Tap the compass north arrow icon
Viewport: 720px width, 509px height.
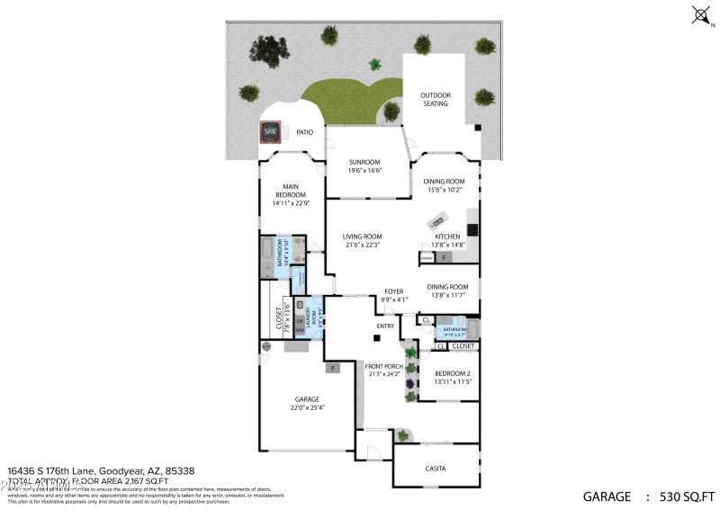[x=700, y=14]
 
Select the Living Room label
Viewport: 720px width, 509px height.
[x=362, y=237]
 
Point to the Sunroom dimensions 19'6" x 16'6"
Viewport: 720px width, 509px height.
[x=366, y=170]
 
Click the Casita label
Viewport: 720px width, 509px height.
[x=436, y=469]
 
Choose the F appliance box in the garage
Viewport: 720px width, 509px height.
[x=333, y=368]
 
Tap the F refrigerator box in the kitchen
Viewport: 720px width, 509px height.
[x=444, y=258]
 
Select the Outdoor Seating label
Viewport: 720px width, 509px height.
[x=436, y=99]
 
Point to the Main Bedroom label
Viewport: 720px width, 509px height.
[x=290, y=191]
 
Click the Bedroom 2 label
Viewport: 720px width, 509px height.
[x=452, y=373]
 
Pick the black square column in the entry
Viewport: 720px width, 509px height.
[x=378, y=338]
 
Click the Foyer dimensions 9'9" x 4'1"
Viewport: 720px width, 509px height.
[x=394, y=299]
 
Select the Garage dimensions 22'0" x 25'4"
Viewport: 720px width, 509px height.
[x=307, y=407]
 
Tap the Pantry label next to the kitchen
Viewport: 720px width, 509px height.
[x=427, y=258]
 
